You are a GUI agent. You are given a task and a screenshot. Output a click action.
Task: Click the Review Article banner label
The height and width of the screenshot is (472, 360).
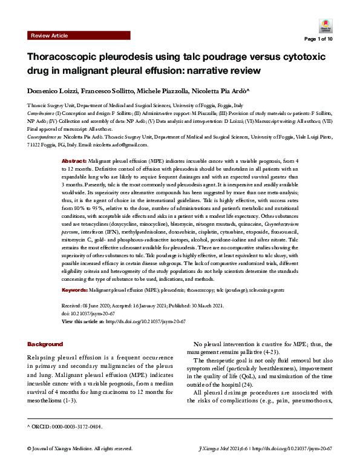[x=49, y=36]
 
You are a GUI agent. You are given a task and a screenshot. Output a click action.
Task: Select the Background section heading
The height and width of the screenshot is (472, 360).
[x=45, y=344]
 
